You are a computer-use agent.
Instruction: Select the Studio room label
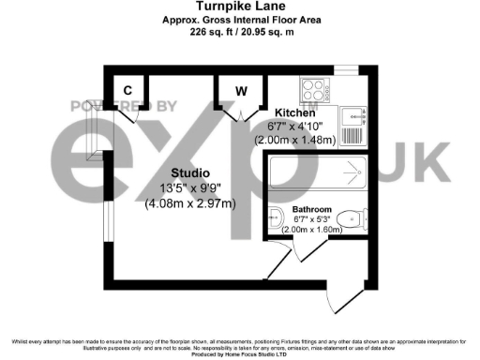pos(189,172)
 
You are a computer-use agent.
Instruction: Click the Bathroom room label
pos(311,210)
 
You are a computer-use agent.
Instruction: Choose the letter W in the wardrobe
pos(241,91)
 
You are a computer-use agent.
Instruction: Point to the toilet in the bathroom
pos(350,217)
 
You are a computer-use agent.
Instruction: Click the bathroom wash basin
pos(275,219)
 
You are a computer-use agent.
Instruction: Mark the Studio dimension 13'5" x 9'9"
pos(189,187)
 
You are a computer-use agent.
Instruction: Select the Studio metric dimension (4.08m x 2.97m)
pos(189,202)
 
